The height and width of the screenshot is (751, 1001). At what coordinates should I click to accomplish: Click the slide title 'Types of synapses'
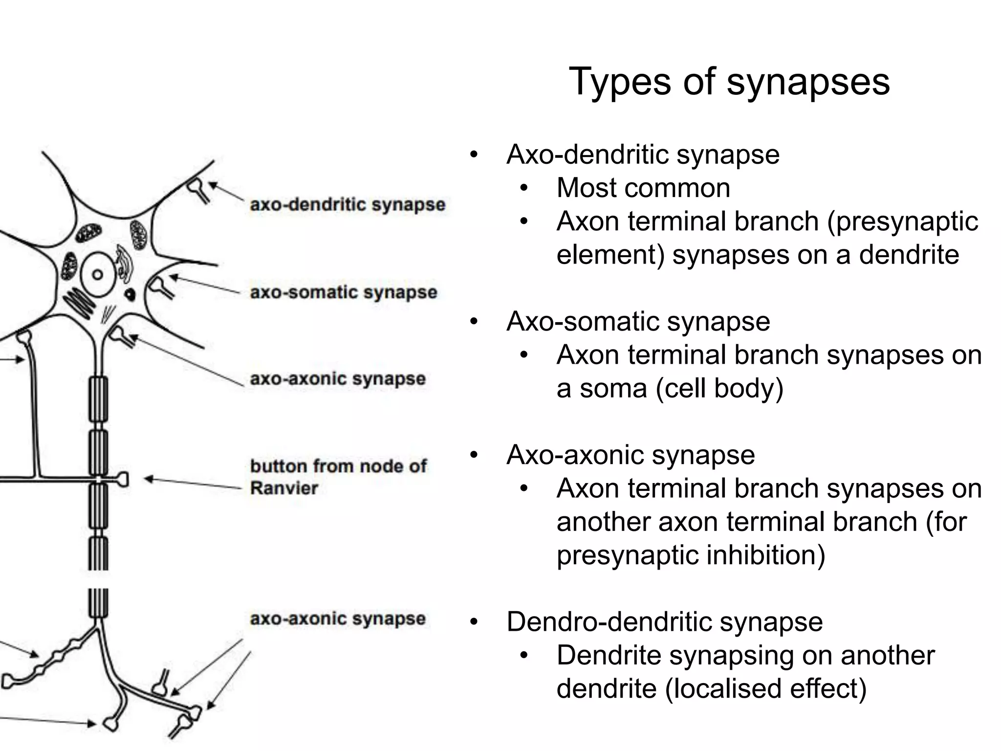[729, 82]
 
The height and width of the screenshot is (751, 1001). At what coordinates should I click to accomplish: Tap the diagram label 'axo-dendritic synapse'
[348, 204]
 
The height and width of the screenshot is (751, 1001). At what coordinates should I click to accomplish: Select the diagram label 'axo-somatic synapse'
[344, 292]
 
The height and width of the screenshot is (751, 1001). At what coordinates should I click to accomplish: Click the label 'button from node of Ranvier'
[338, 477]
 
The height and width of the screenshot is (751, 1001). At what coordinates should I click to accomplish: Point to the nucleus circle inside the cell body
[97, 274]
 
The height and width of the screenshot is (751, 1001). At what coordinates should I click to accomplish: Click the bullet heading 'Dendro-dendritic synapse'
[665, 622]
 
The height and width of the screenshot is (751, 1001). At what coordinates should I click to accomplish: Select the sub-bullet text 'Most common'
[643, 188]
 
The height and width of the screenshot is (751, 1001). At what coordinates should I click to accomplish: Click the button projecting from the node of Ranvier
[122, 479]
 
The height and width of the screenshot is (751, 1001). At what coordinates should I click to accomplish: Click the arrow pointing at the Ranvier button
[193, 483]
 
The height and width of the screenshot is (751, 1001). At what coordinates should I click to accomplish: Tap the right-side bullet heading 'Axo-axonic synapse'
[631, 455]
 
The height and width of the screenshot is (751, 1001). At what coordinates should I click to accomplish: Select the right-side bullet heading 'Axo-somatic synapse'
[638, 322]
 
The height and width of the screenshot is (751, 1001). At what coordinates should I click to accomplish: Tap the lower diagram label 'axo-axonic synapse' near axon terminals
[338, 619]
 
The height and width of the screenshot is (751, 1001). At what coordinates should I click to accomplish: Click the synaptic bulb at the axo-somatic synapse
[157, 285]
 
